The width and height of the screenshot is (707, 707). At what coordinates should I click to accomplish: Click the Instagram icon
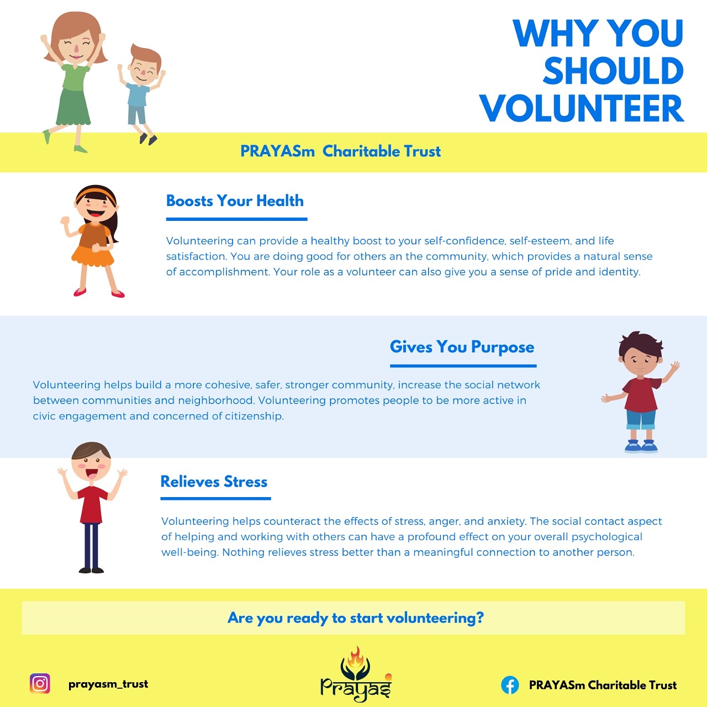(40, 684)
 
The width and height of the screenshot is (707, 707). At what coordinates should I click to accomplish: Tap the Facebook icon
(510, 685)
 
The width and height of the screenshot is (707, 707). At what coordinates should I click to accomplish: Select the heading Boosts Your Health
(235, 201)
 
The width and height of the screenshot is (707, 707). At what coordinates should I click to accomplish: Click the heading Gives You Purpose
(462, 347)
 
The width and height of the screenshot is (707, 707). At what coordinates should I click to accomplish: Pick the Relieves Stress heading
(214, 482)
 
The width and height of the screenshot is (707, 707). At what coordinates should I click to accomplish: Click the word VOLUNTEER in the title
(582, 109)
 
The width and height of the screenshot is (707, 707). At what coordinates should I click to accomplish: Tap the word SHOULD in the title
(613, 71)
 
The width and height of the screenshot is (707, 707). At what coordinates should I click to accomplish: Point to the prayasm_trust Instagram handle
(108, 684)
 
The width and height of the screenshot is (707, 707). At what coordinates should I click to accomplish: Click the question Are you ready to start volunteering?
(356, 618)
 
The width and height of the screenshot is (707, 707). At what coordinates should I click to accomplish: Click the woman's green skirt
(73, 107)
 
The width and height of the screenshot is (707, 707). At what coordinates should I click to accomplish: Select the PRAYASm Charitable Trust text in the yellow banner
(340, 151)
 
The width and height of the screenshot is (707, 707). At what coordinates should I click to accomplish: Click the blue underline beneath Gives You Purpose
(463, 366)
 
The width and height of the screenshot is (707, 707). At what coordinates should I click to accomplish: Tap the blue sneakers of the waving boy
(641, 446)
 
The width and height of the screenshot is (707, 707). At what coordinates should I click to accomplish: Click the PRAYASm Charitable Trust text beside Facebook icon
(603, 685)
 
